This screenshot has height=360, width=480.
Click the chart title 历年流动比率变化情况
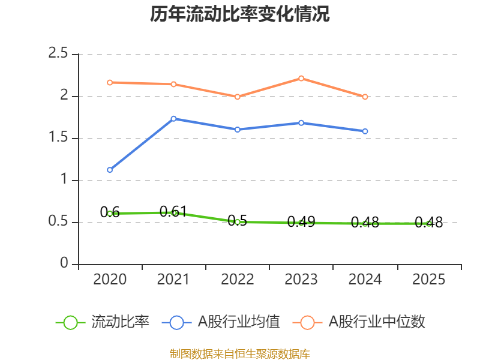click(x=239, y=14)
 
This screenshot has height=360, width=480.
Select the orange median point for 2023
click(x=301, y=79)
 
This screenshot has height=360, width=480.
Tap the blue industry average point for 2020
click(x=110, y=170)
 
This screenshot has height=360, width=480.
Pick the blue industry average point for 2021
click(x=173, y=118)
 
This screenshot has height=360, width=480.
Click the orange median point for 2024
click(x=365, y=97)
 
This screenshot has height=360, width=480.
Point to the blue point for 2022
click(x=237, y=130)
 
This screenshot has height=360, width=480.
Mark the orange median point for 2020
click(x=110, y=83)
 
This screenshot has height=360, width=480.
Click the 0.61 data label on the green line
click(x=173, y=211)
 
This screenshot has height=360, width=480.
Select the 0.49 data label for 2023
click(x=301, y=221)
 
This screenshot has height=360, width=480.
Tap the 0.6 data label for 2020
click(x=110, y=212)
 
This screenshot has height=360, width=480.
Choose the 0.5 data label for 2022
click(x=237, y=220)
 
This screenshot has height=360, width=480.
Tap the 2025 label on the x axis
click(x=428, y=280)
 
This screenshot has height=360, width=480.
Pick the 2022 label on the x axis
click(x=237, y=280)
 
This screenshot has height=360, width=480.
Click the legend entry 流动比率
click(x=103, y=322)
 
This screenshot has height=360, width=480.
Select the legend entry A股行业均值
click(x=221, y=322)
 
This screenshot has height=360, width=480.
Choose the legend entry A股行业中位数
click(x=359, y=322)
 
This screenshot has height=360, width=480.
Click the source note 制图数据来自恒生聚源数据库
click(x=240, y=354)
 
